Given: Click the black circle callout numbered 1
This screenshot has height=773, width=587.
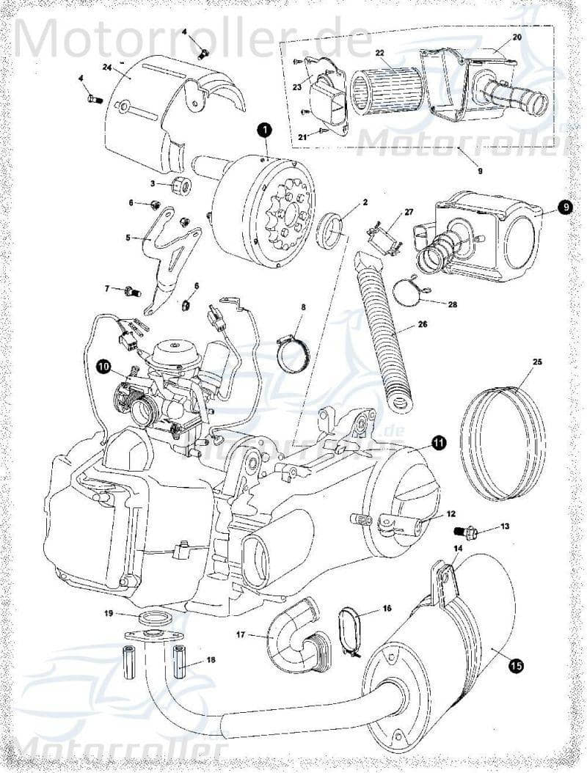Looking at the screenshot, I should [x=264, y=130].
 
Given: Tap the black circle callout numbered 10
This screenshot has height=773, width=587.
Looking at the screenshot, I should [x=103, y=364].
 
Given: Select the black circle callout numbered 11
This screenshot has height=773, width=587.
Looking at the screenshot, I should [x=438, y=442].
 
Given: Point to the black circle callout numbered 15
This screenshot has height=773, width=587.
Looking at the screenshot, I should [x=516, y=665].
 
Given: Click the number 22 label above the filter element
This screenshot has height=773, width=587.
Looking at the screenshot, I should [x=379, y=53].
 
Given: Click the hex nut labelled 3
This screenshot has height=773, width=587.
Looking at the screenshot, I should [x=183, y=183].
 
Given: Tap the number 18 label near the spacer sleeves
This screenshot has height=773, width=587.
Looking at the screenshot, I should [x=211, y=660].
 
